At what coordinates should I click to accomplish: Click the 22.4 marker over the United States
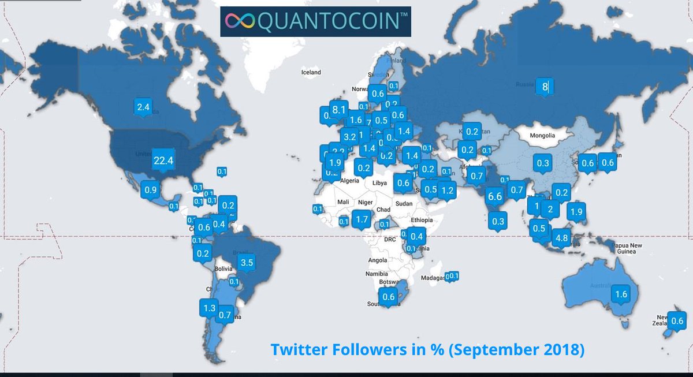163,160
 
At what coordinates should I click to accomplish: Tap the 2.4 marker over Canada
144,107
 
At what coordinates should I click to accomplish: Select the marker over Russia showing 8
545,87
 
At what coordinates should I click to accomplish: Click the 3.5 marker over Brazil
247,263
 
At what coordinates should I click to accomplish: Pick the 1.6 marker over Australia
621,294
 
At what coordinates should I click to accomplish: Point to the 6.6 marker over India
495,196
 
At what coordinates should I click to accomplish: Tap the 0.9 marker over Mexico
151,190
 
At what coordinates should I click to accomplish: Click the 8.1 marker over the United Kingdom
338,110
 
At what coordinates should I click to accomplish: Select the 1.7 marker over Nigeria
362,219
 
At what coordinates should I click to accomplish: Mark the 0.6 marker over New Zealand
677,321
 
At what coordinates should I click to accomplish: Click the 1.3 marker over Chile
209,308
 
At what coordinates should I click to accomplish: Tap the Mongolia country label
543,136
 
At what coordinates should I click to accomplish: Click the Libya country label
379,183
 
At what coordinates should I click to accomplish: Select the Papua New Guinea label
628,248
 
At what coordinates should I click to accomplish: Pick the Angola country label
377,260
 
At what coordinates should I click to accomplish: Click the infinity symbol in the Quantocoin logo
237,21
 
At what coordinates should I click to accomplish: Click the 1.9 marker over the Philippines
576,212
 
